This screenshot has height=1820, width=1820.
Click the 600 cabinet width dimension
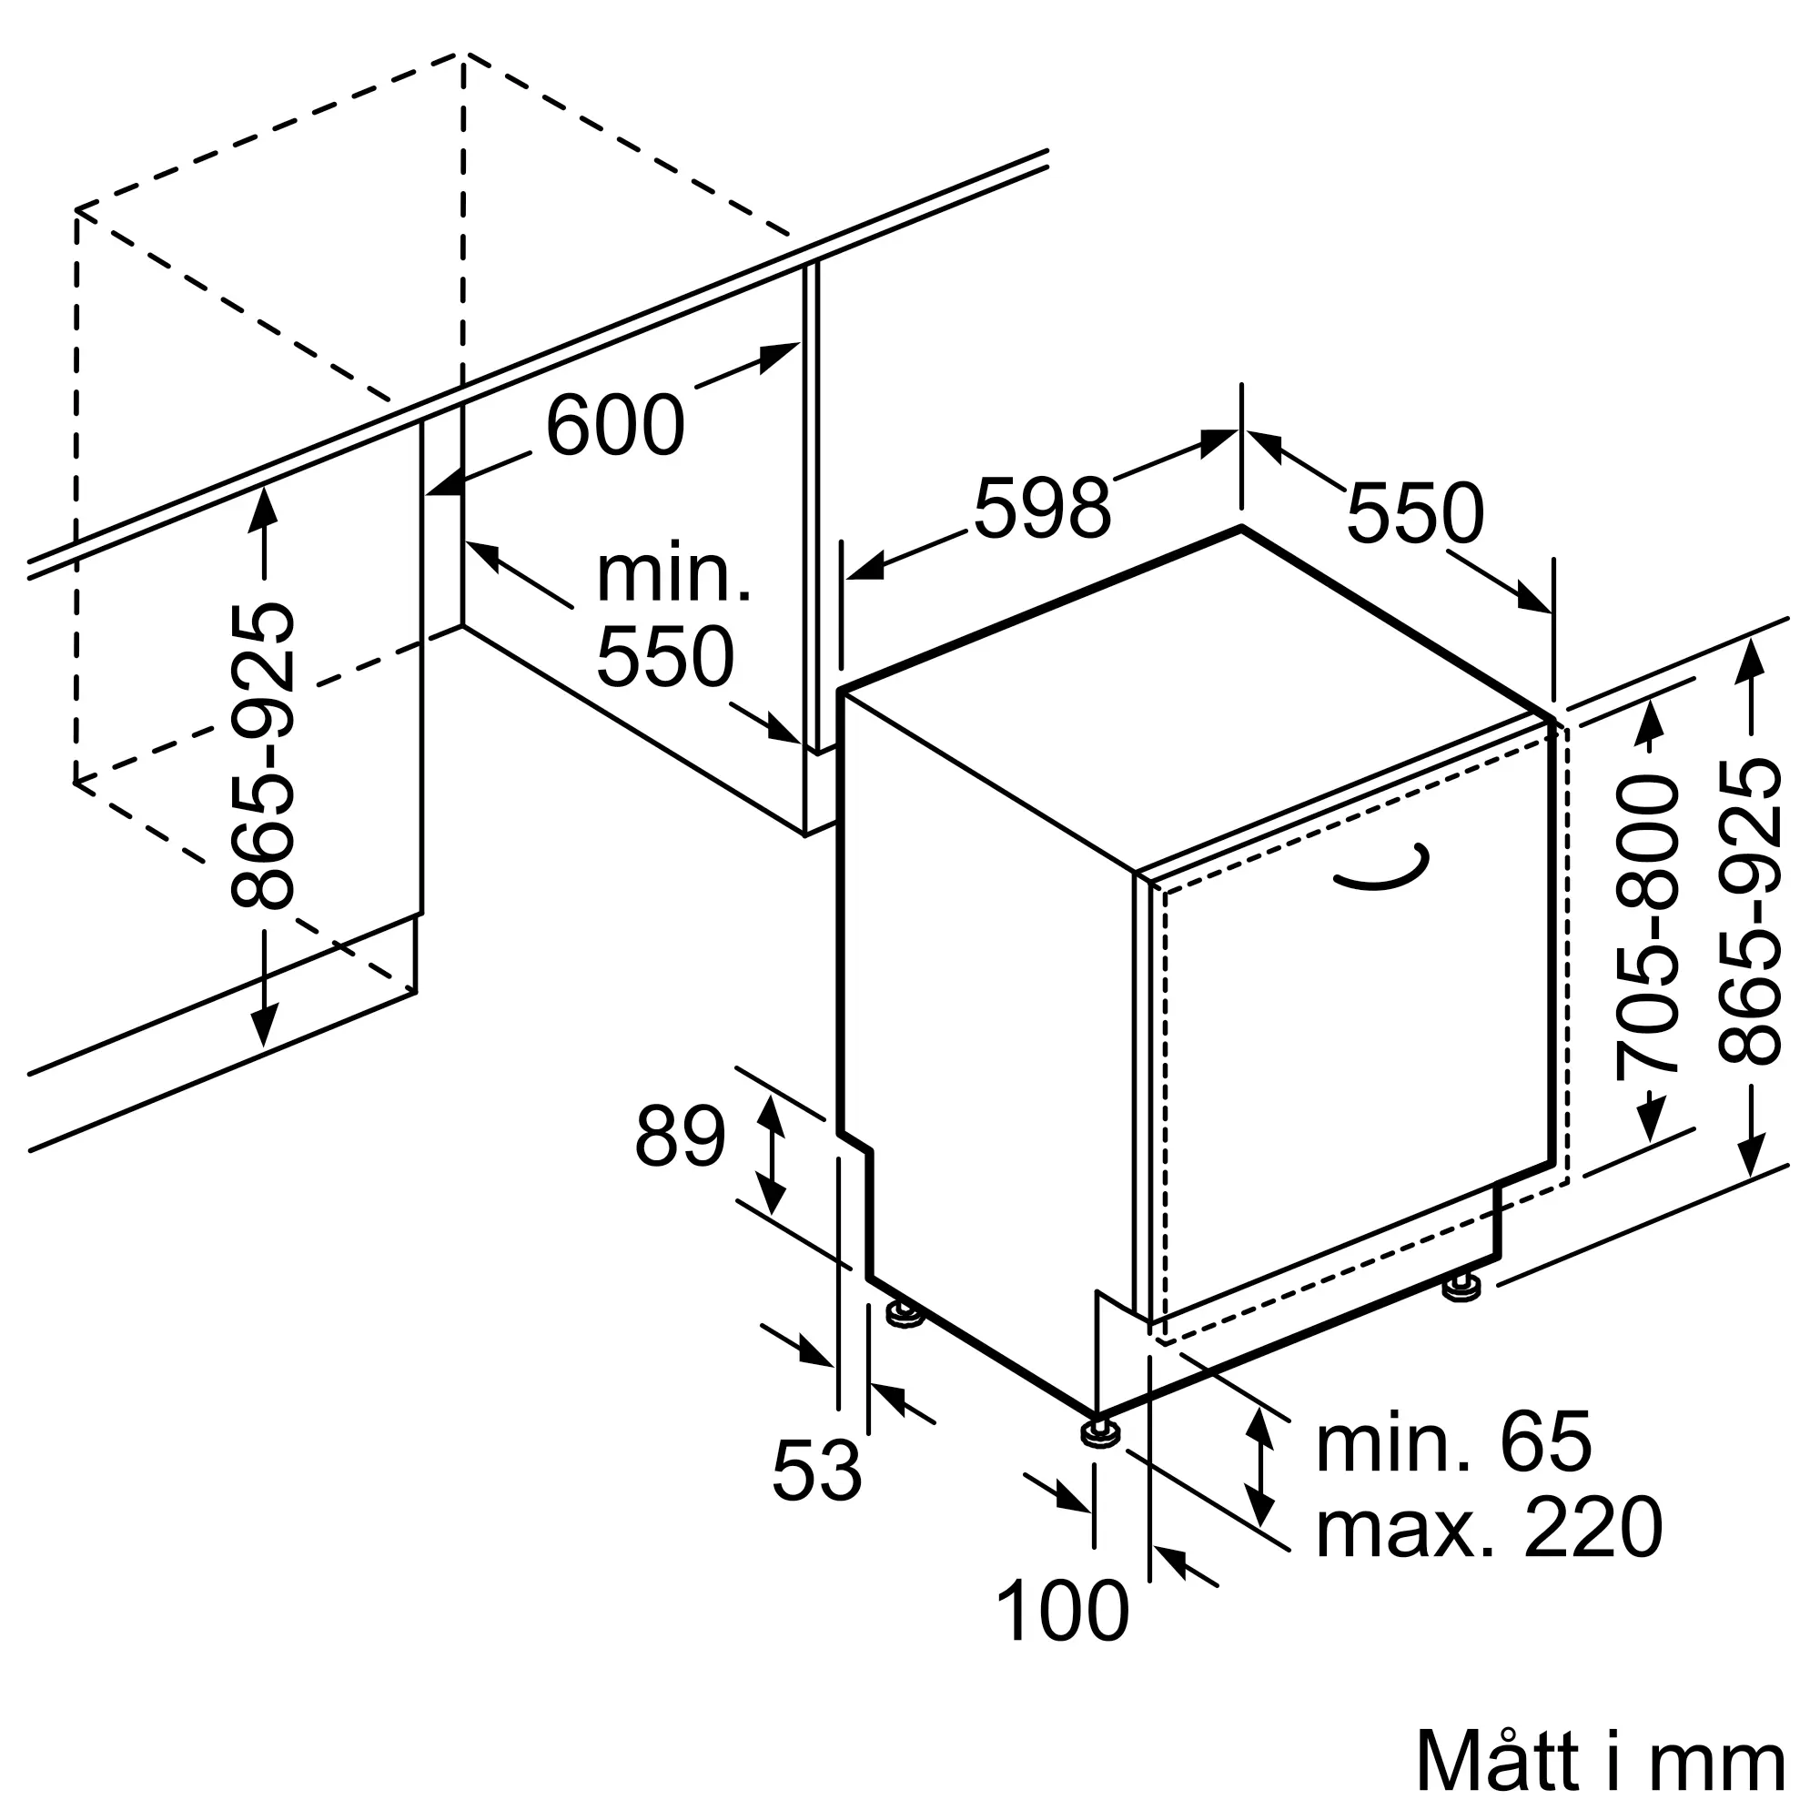(x=614, y=427)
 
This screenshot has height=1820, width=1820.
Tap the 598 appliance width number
(x=1042, y=510)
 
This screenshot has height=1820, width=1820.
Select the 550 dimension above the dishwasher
(x=1415, y=514)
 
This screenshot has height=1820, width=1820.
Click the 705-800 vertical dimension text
(x=1648, y=927)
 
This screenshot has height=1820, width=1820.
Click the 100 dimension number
(x=1062, y=1612)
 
